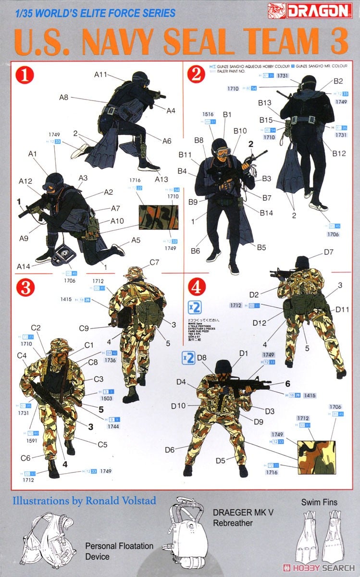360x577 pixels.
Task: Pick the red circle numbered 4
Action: click(196, 288)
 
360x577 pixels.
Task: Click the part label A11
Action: click(101, 75)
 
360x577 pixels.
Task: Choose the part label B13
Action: click(265, 102)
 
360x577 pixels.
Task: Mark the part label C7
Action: click(154, 262)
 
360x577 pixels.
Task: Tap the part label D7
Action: click(329, 251)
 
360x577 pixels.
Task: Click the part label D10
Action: click(178, 406)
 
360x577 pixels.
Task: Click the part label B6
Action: click(195, 251)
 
